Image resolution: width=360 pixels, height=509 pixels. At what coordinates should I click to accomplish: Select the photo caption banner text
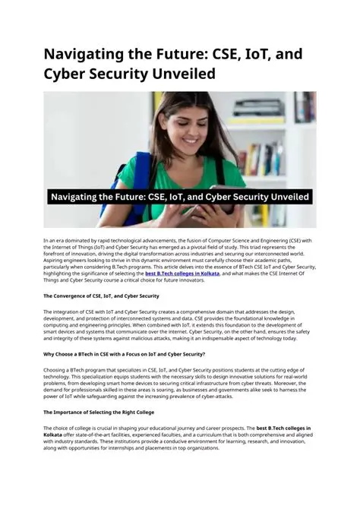(179, 197)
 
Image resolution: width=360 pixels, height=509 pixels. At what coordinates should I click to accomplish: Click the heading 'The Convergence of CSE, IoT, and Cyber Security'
(101, 296)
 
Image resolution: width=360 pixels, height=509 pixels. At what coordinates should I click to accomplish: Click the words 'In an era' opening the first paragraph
(54, 240)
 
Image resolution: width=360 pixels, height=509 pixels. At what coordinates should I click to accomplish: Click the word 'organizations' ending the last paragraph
(197, 448)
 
